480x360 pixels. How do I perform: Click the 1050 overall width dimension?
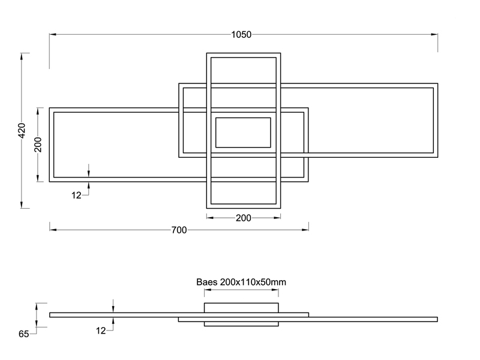click(x=241, y=34)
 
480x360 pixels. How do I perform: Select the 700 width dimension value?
click(x=179, y=230)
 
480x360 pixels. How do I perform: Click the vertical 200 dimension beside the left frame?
click(x=38, y=144)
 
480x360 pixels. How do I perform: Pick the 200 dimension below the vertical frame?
click(x=243, y=218)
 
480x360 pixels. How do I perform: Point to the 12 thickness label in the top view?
click(x=76, y=195)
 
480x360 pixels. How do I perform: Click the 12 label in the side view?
click(x=100, y=330)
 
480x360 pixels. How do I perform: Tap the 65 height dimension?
click(x=23, y=334)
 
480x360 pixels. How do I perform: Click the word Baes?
click(x=207, y=281)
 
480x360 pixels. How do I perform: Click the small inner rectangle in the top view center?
click(x=243, y=133)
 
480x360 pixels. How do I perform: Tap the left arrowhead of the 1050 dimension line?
click(x=52, y=34)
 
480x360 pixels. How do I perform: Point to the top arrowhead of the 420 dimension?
click(x=22, y=56)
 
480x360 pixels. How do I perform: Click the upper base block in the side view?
click(x=241, y=308)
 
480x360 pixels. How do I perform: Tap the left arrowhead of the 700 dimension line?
click(x=52, y=229)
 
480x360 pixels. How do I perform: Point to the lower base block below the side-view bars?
click(x=241, y=324)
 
